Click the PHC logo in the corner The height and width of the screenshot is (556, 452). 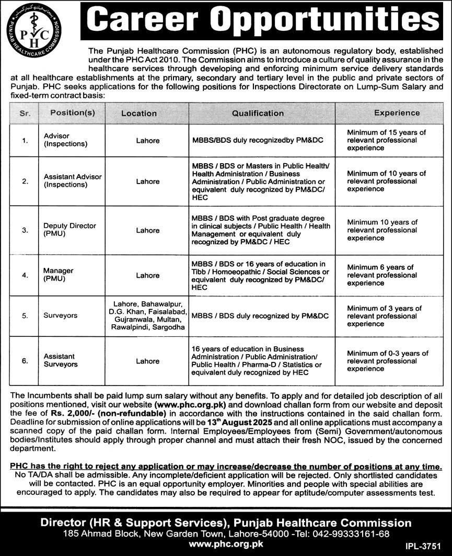33,30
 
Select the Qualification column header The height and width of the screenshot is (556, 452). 258,113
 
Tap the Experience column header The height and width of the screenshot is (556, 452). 397,112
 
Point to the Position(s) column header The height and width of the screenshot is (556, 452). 73,113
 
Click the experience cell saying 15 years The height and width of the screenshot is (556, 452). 387,140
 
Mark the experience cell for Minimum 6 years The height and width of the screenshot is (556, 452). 387,275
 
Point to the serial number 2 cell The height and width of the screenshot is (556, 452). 25,181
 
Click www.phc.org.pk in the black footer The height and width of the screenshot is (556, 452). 226,544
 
